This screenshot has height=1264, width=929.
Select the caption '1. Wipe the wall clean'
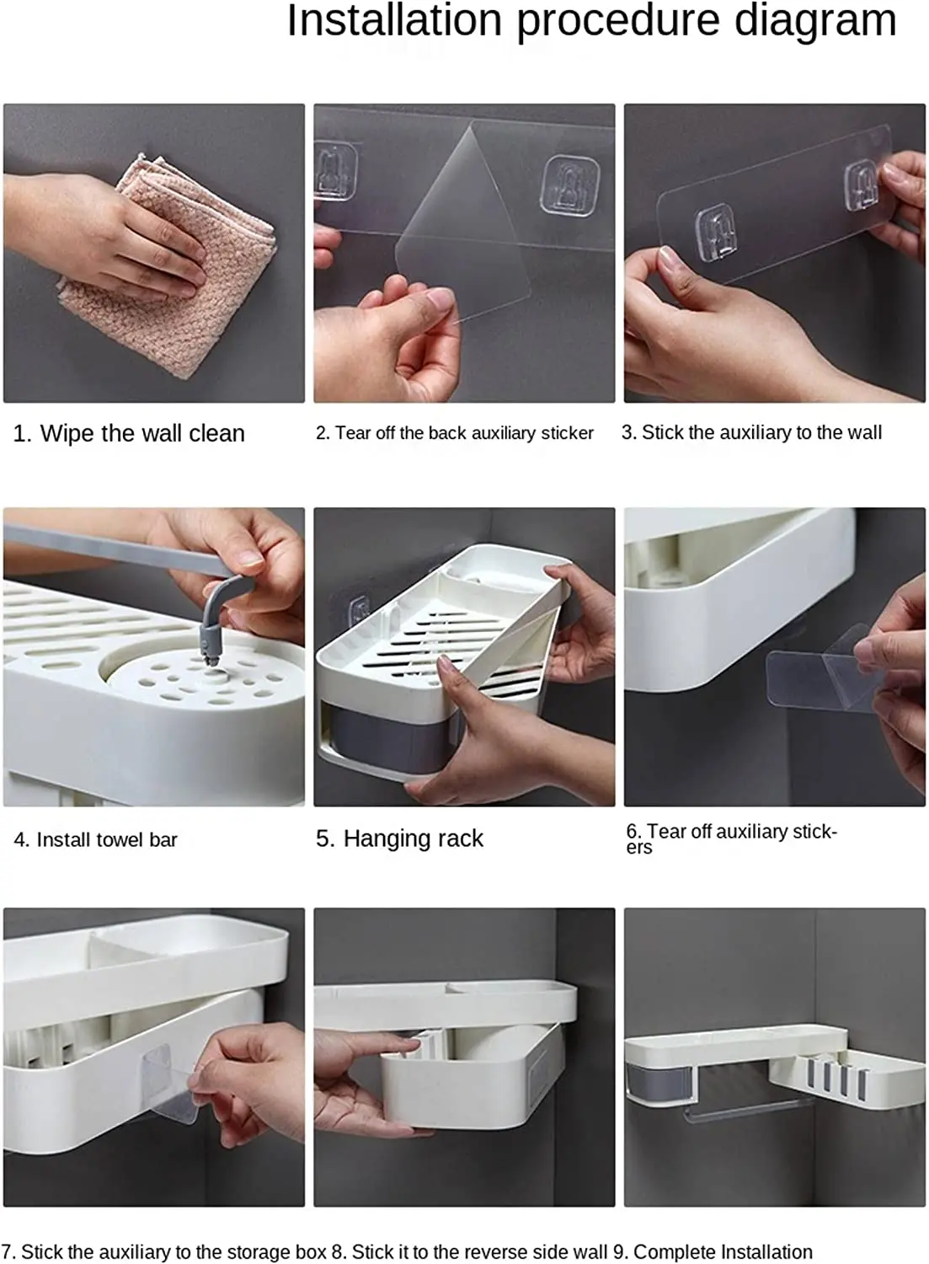click(x=129, y=433)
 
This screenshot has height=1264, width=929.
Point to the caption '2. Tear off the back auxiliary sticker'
click(x=455, y=433)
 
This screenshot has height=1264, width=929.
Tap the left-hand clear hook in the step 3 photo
click(x=717, y=233)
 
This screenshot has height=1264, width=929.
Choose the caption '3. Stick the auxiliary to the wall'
click(x=751, y=432)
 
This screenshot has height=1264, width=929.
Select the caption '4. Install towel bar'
click(x=95, y=839)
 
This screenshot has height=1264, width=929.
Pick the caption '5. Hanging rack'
click(x=399, y=838)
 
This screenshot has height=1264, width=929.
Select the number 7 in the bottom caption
click(x=6, y=1251)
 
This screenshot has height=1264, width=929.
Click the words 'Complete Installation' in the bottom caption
click(x=723, y=1251)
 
